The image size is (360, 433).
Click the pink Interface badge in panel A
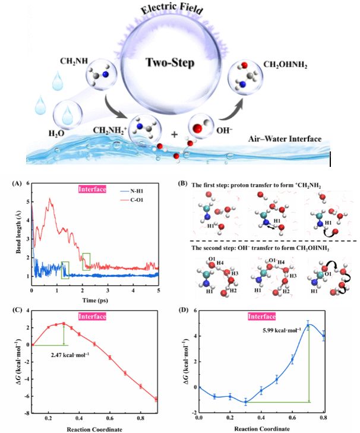coord(94,190)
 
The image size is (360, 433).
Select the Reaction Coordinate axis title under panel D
coord(262,426)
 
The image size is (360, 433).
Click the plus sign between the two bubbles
coord(174,135)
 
